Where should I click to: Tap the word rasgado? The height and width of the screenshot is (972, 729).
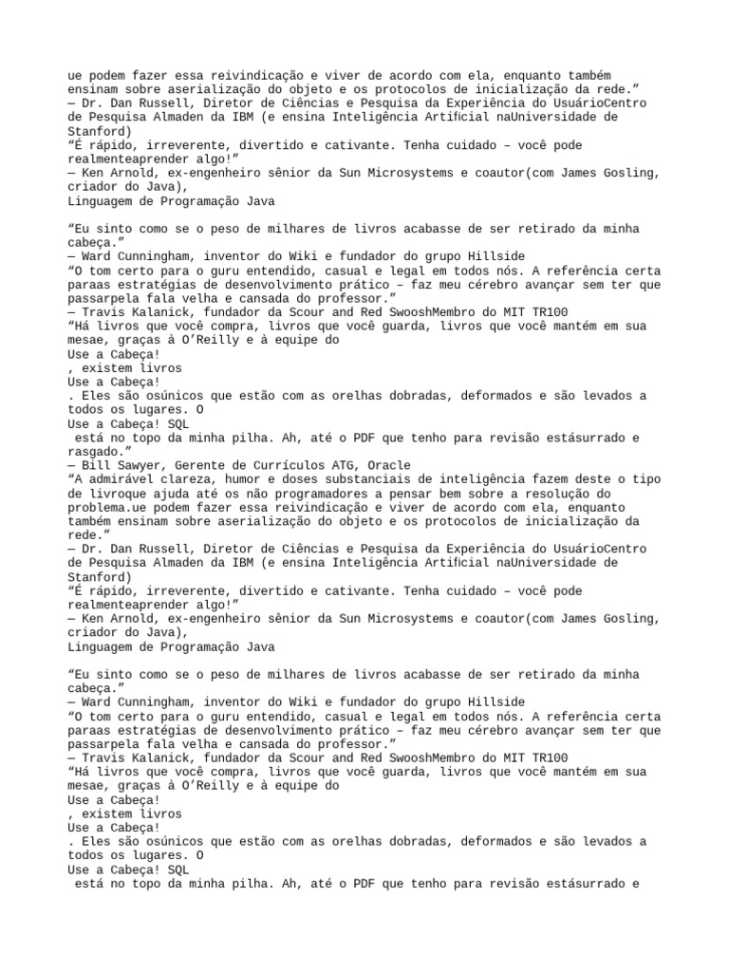[98, 451]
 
